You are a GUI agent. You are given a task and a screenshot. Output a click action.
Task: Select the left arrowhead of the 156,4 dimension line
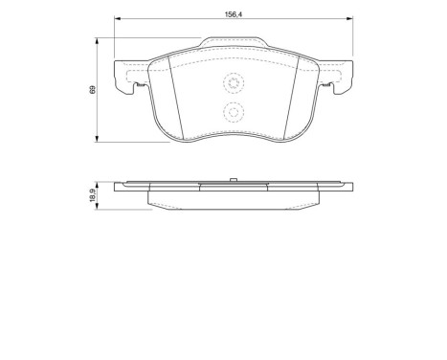[117, 20]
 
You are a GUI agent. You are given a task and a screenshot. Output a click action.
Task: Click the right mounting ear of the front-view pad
[341, 79]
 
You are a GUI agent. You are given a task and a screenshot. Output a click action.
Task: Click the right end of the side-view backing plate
[347, 187]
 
